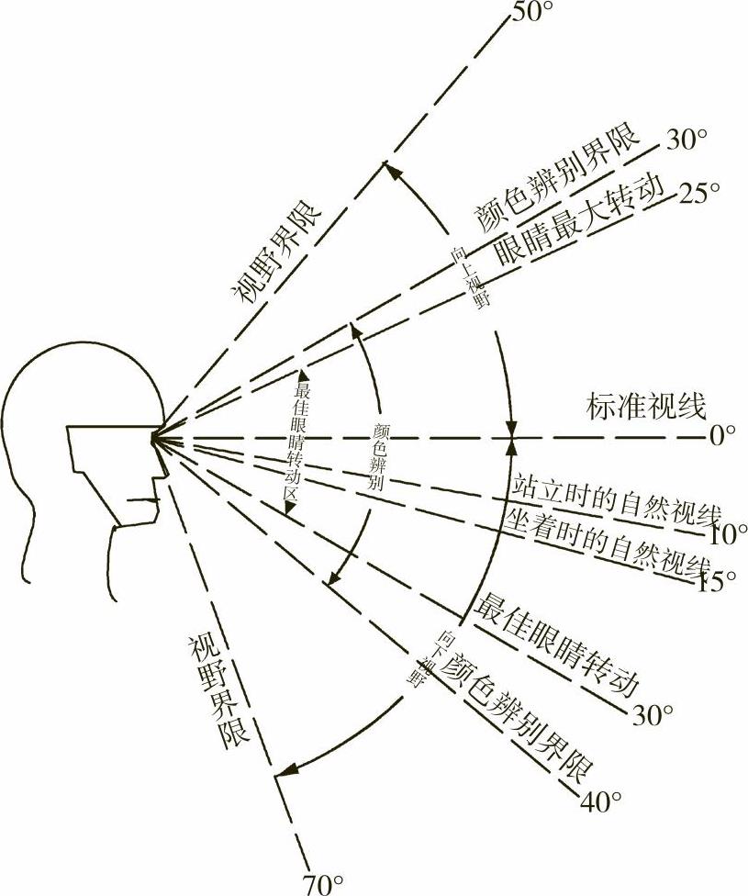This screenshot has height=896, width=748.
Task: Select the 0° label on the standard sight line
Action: pos(722,434)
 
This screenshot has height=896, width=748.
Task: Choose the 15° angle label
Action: pos(716,581)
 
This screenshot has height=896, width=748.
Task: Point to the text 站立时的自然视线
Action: pos(614,498)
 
